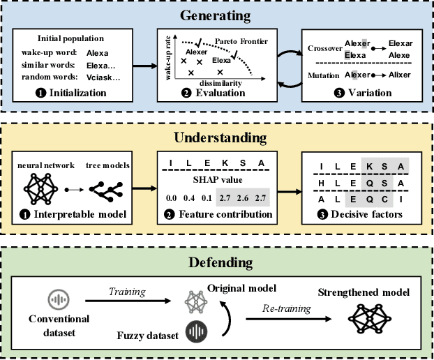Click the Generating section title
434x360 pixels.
217,15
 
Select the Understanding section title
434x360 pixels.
217,137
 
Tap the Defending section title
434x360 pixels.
217,263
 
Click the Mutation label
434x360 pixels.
323,73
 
